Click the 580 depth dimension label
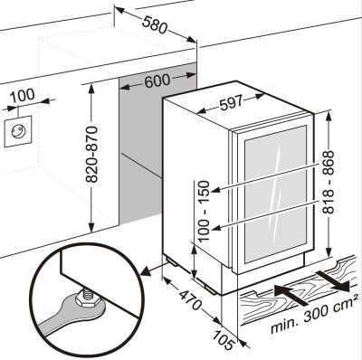(x=155, y=24)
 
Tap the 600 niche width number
(x=157, y=81)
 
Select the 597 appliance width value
(x=231, y=103)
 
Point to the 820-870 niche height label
(x=91, y=155)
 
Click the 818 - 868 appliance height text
(x=329, y=182)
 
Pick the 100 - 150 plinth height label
(x=205, y=211)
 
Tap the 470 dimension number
(x=190, y=299)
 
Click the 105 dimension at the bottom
(x=224, y=339)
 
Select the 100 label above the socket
(x=23, y=95)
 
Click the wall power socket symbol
(x=18, y=131)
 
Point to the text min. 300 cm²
(x=312, y=316)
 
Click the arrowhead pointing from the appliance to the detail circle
(x=146, y=271)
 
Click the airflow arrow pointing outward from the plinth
(x=332, y=281)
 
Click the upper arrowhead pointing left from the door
(x=217, y=190)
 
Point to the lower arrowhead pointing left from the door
(x=217, y=229)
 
